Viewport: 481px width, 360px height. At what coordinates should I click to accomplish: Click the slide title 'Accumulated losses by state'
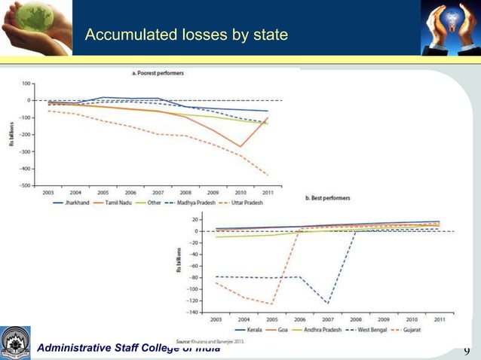pos(185,35)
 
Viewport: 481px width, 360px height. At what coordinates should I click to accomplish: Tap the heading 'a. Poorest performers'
pos(158,73)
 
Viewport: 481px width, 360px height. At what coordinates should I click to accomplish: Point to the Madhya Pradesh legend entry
pos(204,203)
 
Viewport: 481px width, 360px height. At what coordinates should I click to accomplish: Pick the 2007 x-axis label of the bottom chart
pos(328,319)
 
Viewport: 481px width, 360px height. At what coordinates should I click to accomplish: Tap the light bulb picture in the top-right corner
pos(449,27)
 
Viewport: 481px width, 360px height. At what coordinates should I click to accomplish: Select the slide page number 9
pos(467,350)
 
